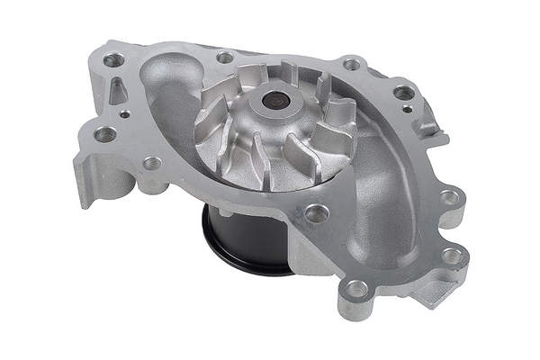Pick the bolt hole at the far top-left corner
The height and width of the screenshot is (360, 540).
tap(112, 60)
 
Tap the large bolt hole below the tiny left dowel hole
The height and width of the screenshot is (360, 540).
tap(106, 134)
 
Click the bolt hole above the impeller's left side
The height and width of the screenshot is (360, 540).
tap(225, 58)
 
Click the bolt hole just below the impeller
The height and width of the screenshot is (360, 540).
tap(314, 213)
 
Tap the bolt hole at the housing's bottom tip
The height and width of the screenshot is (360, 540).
tap(357, 290)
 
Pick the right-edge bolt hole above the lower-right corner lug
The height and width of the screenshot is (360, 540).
tap(448, 197)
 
